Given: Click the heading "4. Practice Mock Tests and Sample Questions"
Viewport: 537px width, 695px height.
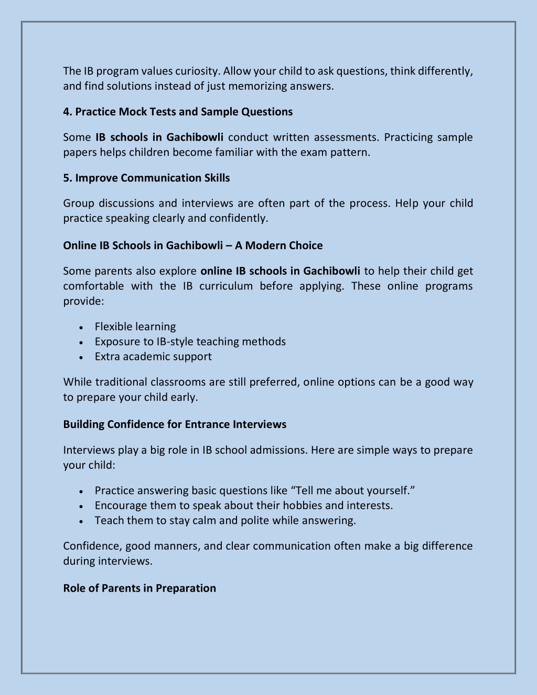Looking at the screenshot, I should point(178,112).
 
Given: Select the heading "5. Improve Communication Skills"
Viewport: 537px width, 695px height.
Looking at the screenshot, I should point(146,178).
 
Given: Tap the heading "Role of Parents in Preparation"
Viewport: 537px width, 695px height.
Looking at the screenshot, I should point(139,588).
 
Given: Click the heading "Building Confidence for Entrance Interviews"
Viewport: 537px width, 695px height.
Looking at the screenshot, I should point(175,424).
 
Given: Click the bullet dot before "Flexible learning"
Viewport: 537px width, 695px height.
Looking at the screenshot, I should point(81,327).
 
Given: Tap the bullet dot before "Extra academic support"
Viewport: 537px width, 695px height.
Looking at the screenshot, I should point(81,357).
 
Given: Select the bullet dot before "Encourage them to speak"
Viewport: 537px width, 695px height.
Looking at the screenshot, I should point(81,506).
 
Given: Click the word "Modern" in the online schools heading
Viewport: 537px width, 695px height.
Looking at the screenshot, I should point(263,245).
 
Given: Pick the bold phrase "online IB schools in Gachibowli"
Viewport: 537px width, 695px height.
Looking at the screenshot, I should point(280,271).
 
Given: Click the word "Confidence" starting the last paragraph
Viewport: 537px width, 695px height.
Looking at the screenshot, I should point(92,546).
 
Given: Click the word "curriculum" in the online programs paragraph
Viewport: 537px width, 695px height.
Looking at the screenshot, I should point(226,286).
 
